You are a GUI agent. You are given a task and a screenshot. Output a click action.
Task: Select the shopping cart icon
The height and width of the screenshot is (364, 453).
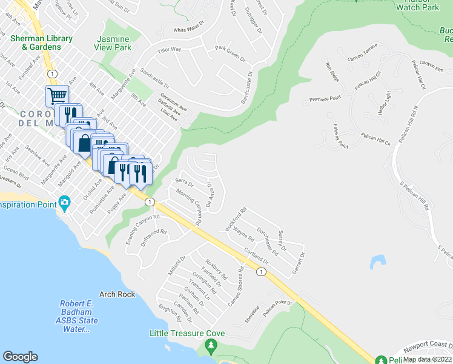click(56, 96)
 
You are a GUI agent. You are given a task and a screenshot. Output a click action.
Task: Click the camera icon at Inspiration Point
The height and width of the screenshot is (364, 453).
click(64, 203)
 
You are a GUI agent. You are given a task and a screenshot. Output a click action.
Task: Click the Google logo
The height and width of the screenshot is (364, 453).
click(20, 357)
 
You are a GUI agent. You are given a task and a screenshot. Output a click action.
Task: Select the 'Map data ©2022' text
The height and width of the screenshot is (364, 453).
click(428, 359)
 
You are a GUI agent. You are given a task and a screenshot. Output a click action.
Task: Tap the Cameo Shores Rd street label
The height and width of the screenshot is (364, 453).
click(236, 286)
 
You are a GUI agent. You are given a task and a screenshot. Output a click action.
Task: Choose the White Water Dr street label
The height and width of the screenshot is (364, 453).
click(188, 29)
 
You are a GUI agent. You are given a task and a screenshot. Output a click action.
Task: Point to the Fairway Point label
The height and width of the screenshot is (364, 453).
click(340, 136)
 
